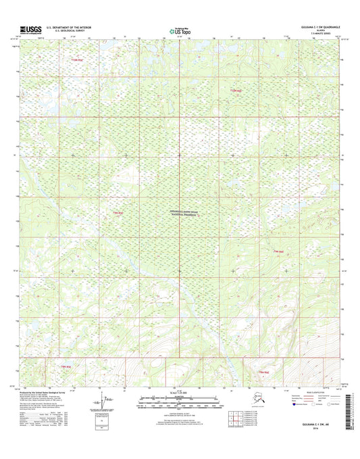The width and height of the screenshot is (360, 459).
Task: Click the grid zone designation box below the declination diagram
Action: pos(102,425)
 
